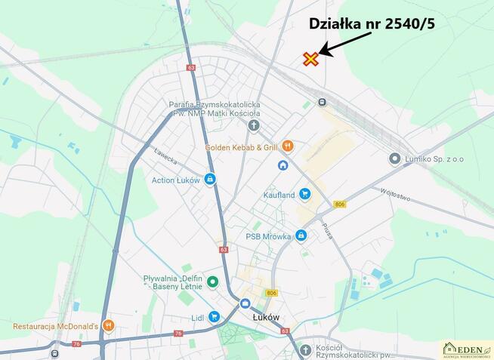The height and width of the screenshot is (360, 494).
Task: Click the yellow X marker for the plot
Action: tap(310, 59)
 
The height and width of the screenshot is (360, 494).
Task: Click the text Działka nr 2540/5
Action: tap(372, 23)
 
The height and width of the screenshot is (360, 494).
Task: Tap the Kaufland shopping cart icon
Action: tap(304, 194)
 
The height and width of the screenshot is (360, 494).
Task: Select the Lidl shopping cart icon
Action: tap(215, 317)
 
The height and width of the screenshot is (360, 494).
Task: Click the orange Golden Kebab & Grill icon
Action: tap(288, 146)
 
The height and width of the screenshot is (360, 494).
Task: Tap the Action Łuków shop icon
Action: tap(209, 180)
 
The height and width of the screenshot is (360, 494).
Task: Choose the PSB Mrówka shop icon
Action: tap(301, 236)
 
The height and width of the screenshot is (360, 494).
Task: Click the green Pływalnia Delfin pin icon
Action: tap(213, 282)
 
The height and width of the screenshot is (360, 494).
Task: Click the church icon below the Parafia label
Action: tap(254, 125)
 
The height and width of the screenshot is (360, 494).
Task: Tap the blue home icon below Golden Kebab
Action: tap(283, 165)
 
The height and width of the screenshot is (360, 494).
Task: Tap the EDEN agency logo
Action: tap(466, 349)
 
